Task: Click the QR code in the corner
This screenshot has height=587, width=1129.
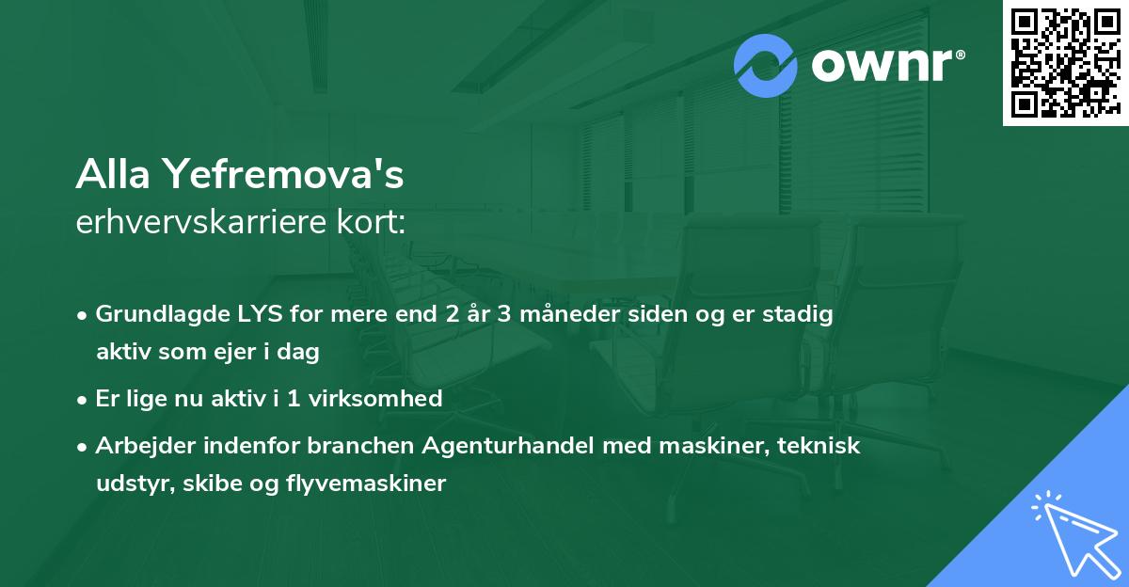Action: [x=1065, y=62]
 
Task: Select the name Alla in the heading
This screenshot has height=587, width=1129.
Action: [x=114, y=174]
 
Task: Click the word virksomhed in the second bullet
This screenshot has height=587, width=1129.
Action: [x=384, y=399]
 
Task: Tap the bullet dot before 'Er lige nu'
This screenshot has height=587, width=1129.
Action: [x=84, y=400]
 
